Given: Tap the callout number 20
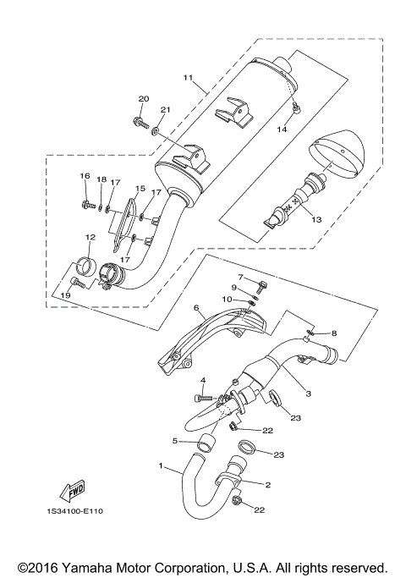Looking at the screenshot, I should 143,99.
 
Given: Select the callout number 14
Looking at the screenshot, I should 283,129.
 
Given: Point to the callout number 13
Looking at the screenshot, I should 317,220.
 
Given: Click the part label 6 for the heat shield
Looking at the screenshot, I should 195,309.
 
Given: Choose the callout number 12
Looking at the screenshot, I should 90,237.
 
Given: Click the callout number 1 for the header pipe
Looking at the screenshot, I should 160,466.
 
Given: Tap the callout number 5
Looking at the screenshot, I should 176,441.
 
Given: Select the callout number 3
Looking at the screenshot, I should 309,394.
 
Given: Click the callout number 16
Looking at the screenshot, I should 85,175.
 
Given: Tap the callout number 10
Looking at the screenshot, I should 226,299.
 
